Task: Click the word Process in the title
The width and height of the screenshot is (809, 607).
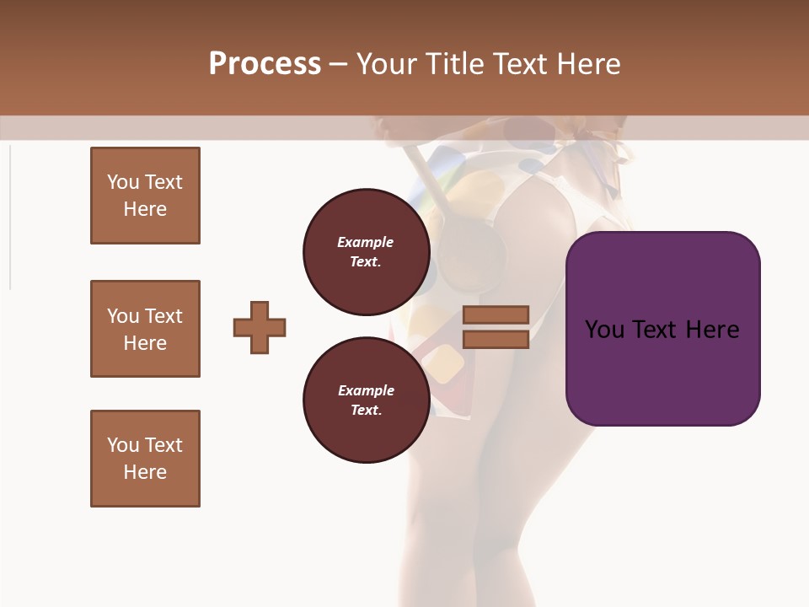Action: [x=265, y=64]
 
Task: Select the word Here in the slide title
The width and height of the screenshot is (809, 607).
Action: [x=588, y=64]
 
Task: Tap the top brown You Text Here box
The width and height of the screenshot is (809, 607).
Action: [x=145, y=196]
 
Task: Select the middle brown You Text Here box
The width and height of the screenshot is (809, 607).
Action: [x=145, y=329]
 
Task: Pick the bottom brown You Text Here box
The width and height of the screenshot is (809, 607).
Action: [x=145, y=459]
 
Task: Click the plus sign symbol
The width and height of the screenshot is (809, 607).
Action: [x=260, y=327]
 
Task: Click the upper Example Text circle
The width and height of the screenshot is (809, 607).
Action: [x=366, y=252]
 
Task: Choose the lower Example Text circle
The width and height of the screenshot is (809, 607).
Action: [x=366, y=400]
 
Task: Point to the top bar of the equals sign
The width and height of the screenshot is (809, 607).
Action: [x=496, y=314]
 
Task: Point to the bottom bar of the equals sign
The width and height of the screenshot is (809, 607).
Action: [x=496, y=340]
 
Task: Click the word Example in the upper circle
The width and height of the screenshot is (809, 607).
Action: [x=366, y=243]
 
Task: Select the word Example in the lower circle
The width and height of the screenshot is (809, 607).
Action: [x=366, y=391]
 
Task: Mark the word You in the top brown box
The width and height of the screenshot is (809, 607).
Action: [x=123, y=183]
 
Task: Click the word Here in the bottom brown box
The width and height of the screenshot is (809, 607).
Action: [x=145, y=472]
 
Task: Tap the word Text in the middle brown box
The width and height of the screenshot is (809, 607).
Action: [x=163, y=316]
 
